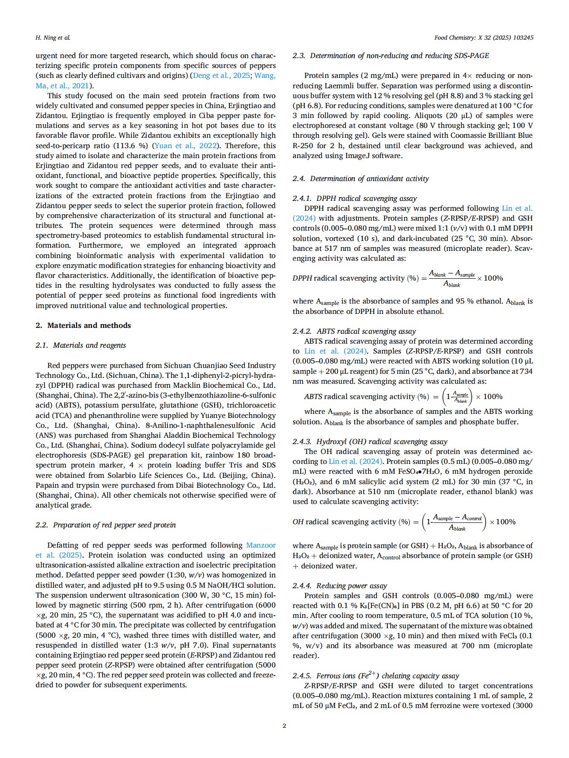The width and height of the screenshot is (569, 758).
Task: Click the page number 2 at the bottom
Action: [x=284, y=726]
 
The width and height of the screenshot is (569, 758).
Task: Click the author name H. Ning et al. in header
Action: [x=53, y=38]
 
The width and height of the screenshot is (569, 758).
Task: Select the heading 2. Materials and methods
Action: [x=83, y=325]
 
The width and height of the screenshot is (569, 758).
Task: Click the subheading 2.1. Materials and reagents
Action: [x=81, y=345]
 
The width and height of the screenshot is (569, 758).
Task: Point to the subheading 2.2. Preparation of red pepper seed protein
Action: [x=106, y=525]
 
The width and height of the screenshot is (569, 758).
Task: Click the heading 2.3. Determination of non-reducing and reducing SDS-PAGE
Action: [x=390, y=56]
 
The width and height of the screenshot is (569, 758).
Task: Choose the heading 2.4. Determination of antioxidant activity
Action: [x=360, y=179]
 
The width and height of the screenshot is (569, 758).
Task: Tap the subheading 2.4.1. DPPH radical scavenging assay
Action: [x=354, y=199]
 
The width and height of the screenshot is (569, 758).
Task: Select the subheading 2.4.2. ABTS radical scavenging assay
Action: [x=354, y=331]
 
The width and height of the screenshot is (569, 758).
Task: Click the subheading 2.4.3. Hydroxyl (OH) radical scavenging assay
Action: [x=370, y=442]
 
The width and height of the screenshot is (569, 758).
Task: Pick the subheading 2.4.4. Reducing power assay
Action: [x=340, y=586]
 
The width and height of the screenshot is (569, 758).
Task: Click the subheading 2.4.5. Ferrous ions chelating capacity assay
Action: [x=376, y=676]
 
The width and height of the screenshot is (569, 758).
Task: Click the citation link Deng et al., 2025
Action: [x=221, y=76]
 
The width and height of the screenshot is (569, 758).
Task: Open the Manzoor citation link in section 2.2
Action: [x=261, y=545]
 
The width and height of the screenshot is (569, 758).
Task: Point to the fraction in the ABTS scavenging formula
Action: [x=460, y=397]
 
